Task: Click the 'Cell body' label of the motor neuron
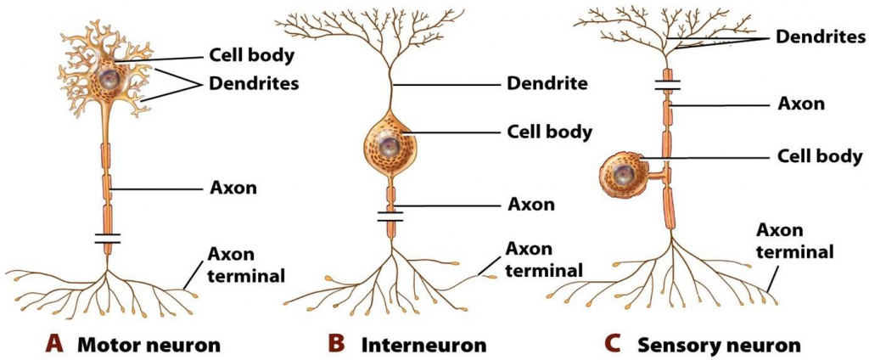point(251,57)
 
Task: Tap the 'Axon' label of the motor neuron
point(229,188)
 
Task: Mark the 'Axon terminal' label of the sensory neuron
point(793,240)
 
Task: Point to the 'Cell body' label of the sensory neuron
point(821,156)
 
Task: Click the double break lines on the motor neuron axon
point(107,239)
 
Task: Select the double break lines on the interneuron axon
point(390,217)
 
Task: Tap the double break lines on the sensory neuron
point(667,84)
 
